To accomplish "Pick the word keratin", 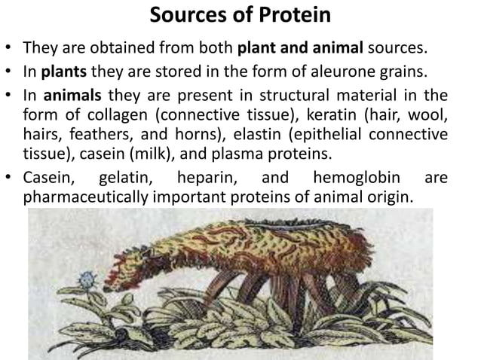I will tap(317, 116).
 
